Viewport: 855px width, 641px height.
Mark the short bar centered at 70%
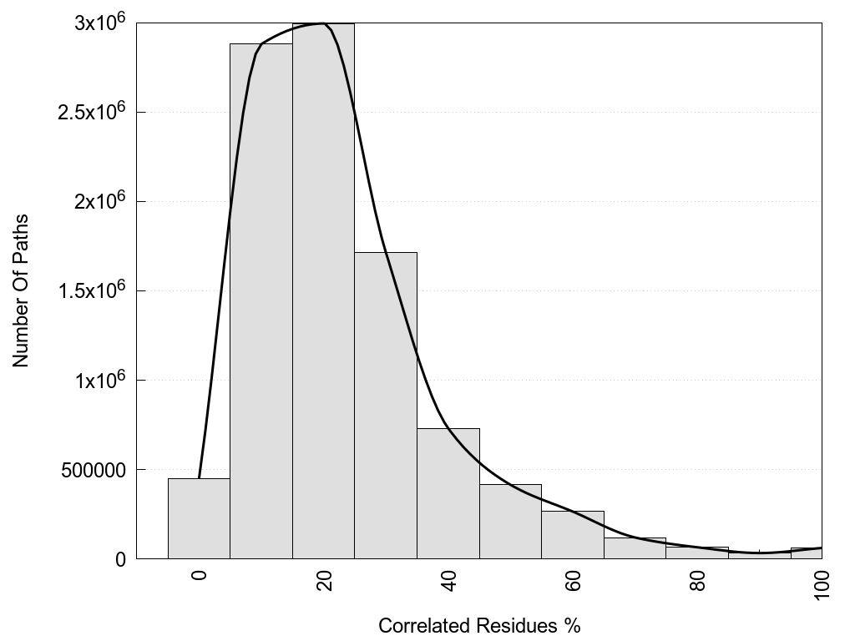(635, 548)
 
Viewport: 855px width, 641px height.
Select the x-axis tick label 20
(324, 579)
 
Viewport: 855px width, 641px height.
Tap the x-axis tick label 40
(449, 579)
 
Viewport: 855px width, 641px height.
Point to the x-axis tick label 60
(574, 579)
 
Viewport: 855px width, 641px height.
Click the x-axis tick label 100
(822, 583)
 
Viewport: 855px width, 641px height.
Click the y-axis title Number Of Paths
(22, 290)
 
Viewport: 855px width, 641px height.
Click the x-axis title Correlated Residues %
(479, 626)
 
